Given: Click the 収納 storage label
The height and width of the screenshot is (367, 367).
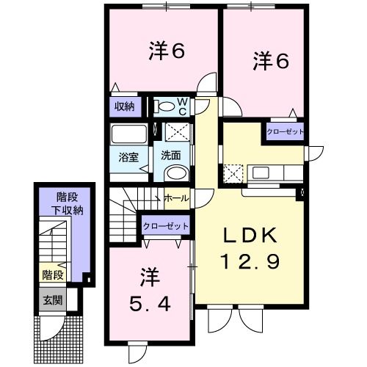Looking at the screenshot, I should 124,106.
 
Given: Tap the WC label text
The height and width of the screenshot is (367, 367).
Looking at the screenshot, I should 182,107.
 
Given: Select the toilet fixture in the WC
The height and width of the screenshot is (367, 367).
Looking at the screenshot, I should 167,107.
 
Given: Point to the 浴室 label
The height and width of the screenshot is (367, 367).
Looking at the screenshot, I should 129,157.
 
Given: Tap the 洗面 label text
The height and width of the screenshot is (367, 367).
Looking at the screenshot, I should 171,156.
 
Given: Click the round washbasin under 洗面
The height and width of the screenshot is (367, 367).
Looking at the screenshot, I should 175,173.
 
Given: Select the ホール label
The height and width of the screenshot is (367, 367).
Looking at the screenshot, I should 175,198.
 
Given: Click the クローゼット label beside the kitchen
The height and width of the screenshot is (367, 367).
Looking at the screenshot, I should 284,131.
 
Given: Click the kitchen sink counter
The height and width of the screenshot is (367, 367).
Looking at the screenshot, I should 267,173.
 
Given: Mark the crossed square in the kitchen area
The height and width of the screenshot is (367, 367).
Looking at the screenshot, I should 233,173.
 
